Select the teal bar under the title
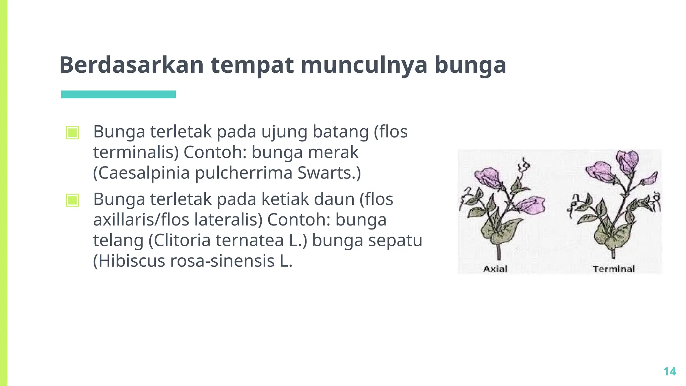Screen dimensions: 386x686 [118, 94]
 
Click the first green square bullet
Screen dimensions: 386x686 [73, 133]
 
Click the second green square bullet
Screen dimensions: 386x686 [73, 200]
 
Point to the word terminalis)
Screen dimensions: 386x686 [136, 152]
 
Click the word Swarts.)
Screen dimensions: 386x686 [329, 173]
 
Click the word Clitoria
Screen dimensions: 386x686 [182, 241]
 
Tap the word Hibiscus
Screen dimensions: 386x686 [129, 261]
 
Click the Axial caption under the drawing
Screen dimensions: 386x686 [495, 269]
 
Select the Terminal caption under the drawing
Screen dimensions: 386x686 [614, 269]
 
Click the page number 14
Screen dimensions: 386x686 [670, 372]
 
